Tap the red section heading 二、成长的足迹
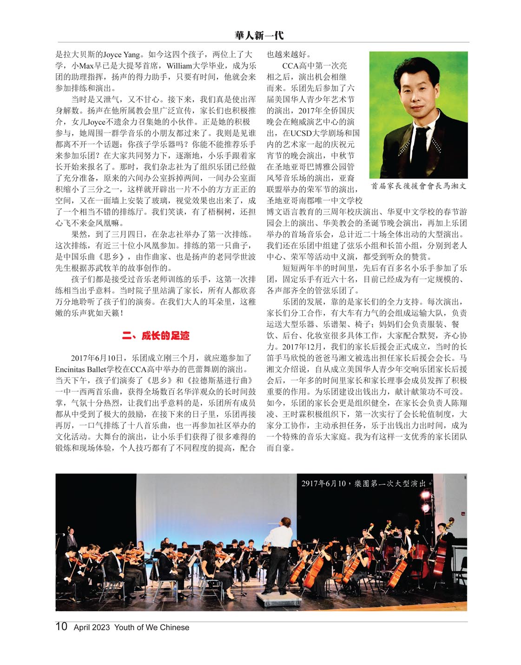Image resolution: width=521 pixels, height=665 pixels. click(x=155, y=336)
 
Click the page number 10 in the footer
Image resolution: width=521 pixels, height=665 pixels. click(x=61, y=626)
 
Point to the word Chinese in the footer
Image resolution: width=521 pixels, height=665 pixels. click(x=174, y=627)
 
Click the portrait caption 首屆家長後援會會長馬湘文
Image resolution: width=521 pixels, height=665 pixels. click(x=418, y=186)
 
